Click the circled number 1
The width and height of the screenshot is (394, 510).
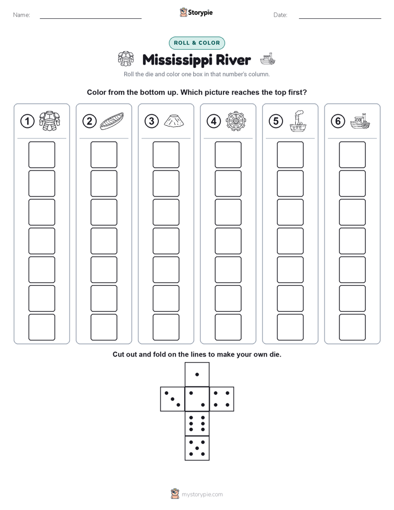27,121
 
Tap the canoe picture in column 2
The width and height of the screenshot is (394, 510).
112,121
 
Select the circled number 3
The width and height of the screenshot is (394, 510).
152,121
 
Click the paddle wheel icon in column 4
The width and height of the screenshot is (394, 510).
236,121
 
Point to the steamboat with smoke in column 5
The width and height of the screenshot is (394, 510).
298,121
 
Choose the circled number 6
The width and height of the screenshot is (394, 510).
338,121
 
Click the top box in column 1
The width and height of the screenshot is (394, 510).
41,155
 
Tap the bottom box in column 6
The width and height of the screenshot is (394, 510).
353,327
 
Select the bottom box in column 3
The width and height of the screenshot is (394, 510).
166,327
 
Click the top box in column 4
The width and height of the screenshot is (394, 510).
228,155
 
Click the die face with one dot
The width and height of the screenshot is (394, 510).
197,375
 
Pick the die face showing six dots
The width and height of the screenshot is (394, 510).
197,424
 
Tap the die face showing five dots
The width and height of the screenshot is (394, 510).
197,448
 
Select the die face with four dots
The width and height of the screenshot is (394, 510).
222,399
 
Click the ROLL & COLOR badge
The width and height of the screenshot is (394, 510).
197,43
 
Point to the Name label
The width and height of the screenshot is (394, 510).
22,15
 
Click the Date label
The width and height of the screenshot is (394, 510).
280,15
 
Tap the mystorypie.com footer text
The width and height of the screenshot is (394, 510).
202,495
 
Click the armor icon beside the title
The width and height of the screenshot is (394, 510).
126,59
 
